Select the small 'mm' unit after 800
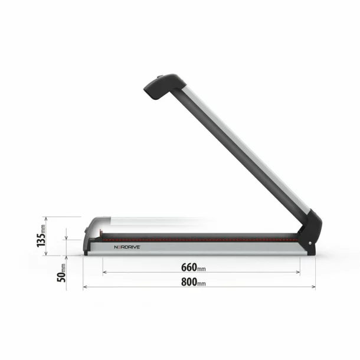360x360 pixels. pos(202,283)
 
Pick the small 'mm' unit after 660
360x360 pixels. pos(202,268)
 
